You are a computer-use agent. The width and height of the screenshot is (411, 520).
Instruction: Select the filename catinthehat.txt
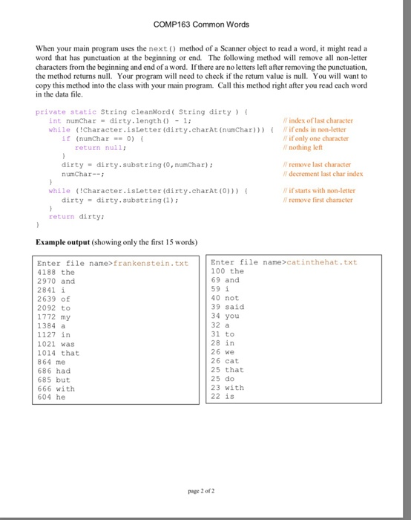point(323,262)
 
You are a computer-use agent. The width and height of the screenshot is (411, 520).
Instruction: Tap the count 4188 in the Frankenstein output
point(46,273)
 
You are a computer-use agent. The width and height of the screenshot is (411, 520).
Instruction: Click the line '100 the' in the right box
point(227,271)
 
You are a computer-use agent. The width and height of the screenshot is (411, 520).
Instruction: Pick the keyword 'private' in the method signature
point(50,111)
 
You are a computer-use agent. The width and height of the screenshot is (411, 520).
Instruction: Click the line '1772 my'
point(53,316)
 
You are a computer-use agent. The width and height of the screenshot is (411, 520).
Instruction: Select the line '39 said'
point(227,307)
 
